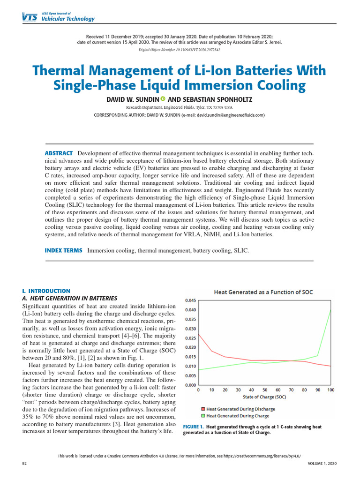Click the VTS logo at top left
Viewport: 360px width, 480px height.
click(29, 17)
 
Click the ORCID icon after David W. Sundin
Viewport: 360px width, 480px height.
click(163, 99)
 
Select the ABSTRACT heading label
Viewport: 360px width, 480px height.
click(58, 153)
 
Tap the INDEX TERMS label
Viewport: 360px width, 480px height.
click(63, 251)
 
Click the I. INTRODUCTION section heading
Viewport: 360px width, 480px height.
click(46, 291)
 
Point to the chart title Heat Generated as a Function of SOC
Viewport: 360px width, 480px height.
click(263, 292)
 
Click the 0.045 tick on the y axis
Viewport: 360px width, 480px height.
click(191, 300)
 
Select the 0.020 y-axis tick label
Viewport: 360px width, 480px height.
click(191, 347)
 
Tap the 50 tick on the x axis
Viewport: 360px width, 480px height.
click(265, 390)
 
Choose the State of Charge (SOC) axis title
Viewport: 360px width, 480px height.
click(265, 397)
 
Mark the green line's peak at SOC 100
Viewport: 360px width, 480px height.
click(331, 310)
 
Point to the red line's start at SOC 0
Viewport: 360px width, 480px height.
click(199, 334)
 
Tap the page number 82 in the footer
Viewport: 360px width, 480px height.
click(25, 463)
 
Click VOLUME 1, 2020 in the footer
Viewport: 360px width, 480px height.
click(322, 463)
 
